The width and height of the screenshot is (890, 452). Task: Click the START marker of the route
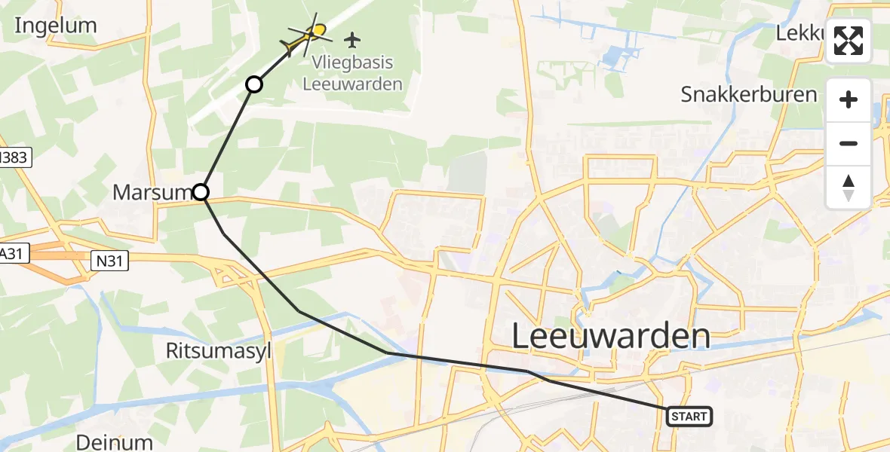pos(689,416)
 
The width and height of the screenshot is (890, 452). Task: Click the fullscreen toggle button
pos(849,41)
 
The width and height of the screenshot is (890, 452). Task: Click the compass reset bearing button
pos(849,188)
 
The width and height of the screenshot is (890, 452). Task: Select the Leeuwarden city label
pos(611,336)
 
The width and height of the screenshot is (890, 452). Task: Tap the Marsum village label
pos(152,192)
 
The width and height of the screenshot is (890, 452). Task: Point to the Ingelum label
pos(56,26)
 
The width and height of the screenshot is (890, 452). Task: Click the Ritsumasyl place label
pos(218,350)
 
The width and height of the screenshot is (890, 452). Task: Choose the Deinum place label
pos(114,441)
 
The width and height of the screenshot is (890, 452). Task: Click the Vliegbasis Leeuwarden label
pos(352,73)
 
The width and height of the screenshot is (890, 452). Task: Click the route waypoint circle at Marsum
pos(201,192)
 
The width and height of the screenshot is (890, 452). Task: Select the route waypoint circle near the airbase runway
pos(254,84)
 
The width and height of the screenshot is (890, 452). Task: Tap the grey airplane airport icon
pos(352,38)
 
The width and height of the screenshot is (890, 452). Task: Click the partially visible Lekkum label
pos(801,33)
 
